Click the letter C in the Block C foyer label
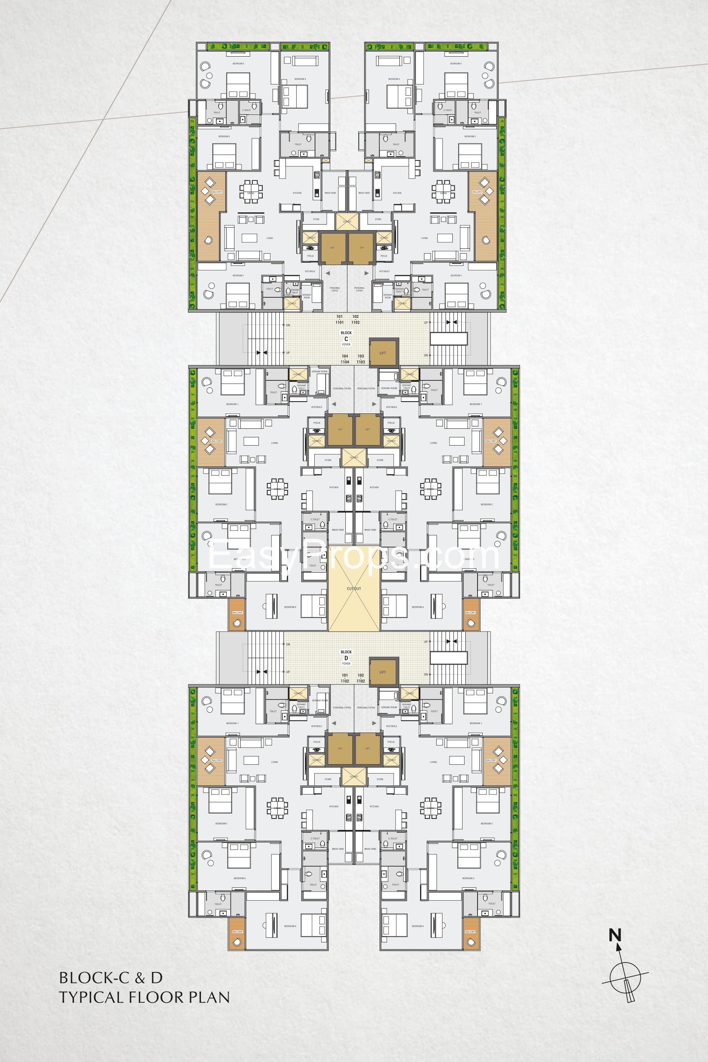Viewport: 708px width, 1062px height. point(346,338)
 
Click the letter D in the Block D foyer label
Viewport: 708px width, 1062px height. point(346,658)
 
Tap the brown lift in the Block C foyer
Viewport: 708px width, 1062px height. point(383,353)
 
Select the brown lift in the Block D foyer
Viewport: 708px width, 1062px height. point(383,672)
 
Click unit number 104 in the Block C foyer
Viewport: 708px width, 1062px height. point(345,356)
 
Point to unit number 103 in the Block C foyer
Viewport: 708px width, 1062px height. point(361,356)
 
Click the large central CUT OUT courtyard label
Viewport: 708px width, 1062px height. point(354,589)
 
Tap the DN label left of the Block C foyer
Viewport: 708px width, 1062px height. point(288,325)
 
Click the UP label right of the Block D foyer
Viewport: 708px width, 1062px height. point(426,642)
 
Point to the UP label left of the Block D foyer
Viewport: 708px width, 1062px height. point(288,672)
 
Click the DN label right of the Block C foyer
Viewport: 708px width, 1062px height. point(426,355)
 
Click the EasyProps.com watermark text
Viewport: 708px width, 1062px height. point(354,556)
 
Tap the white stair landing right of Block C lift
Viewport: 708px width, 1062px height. point(448,338)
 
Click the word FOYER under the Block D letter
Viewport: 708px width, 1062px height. point(346,664)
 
